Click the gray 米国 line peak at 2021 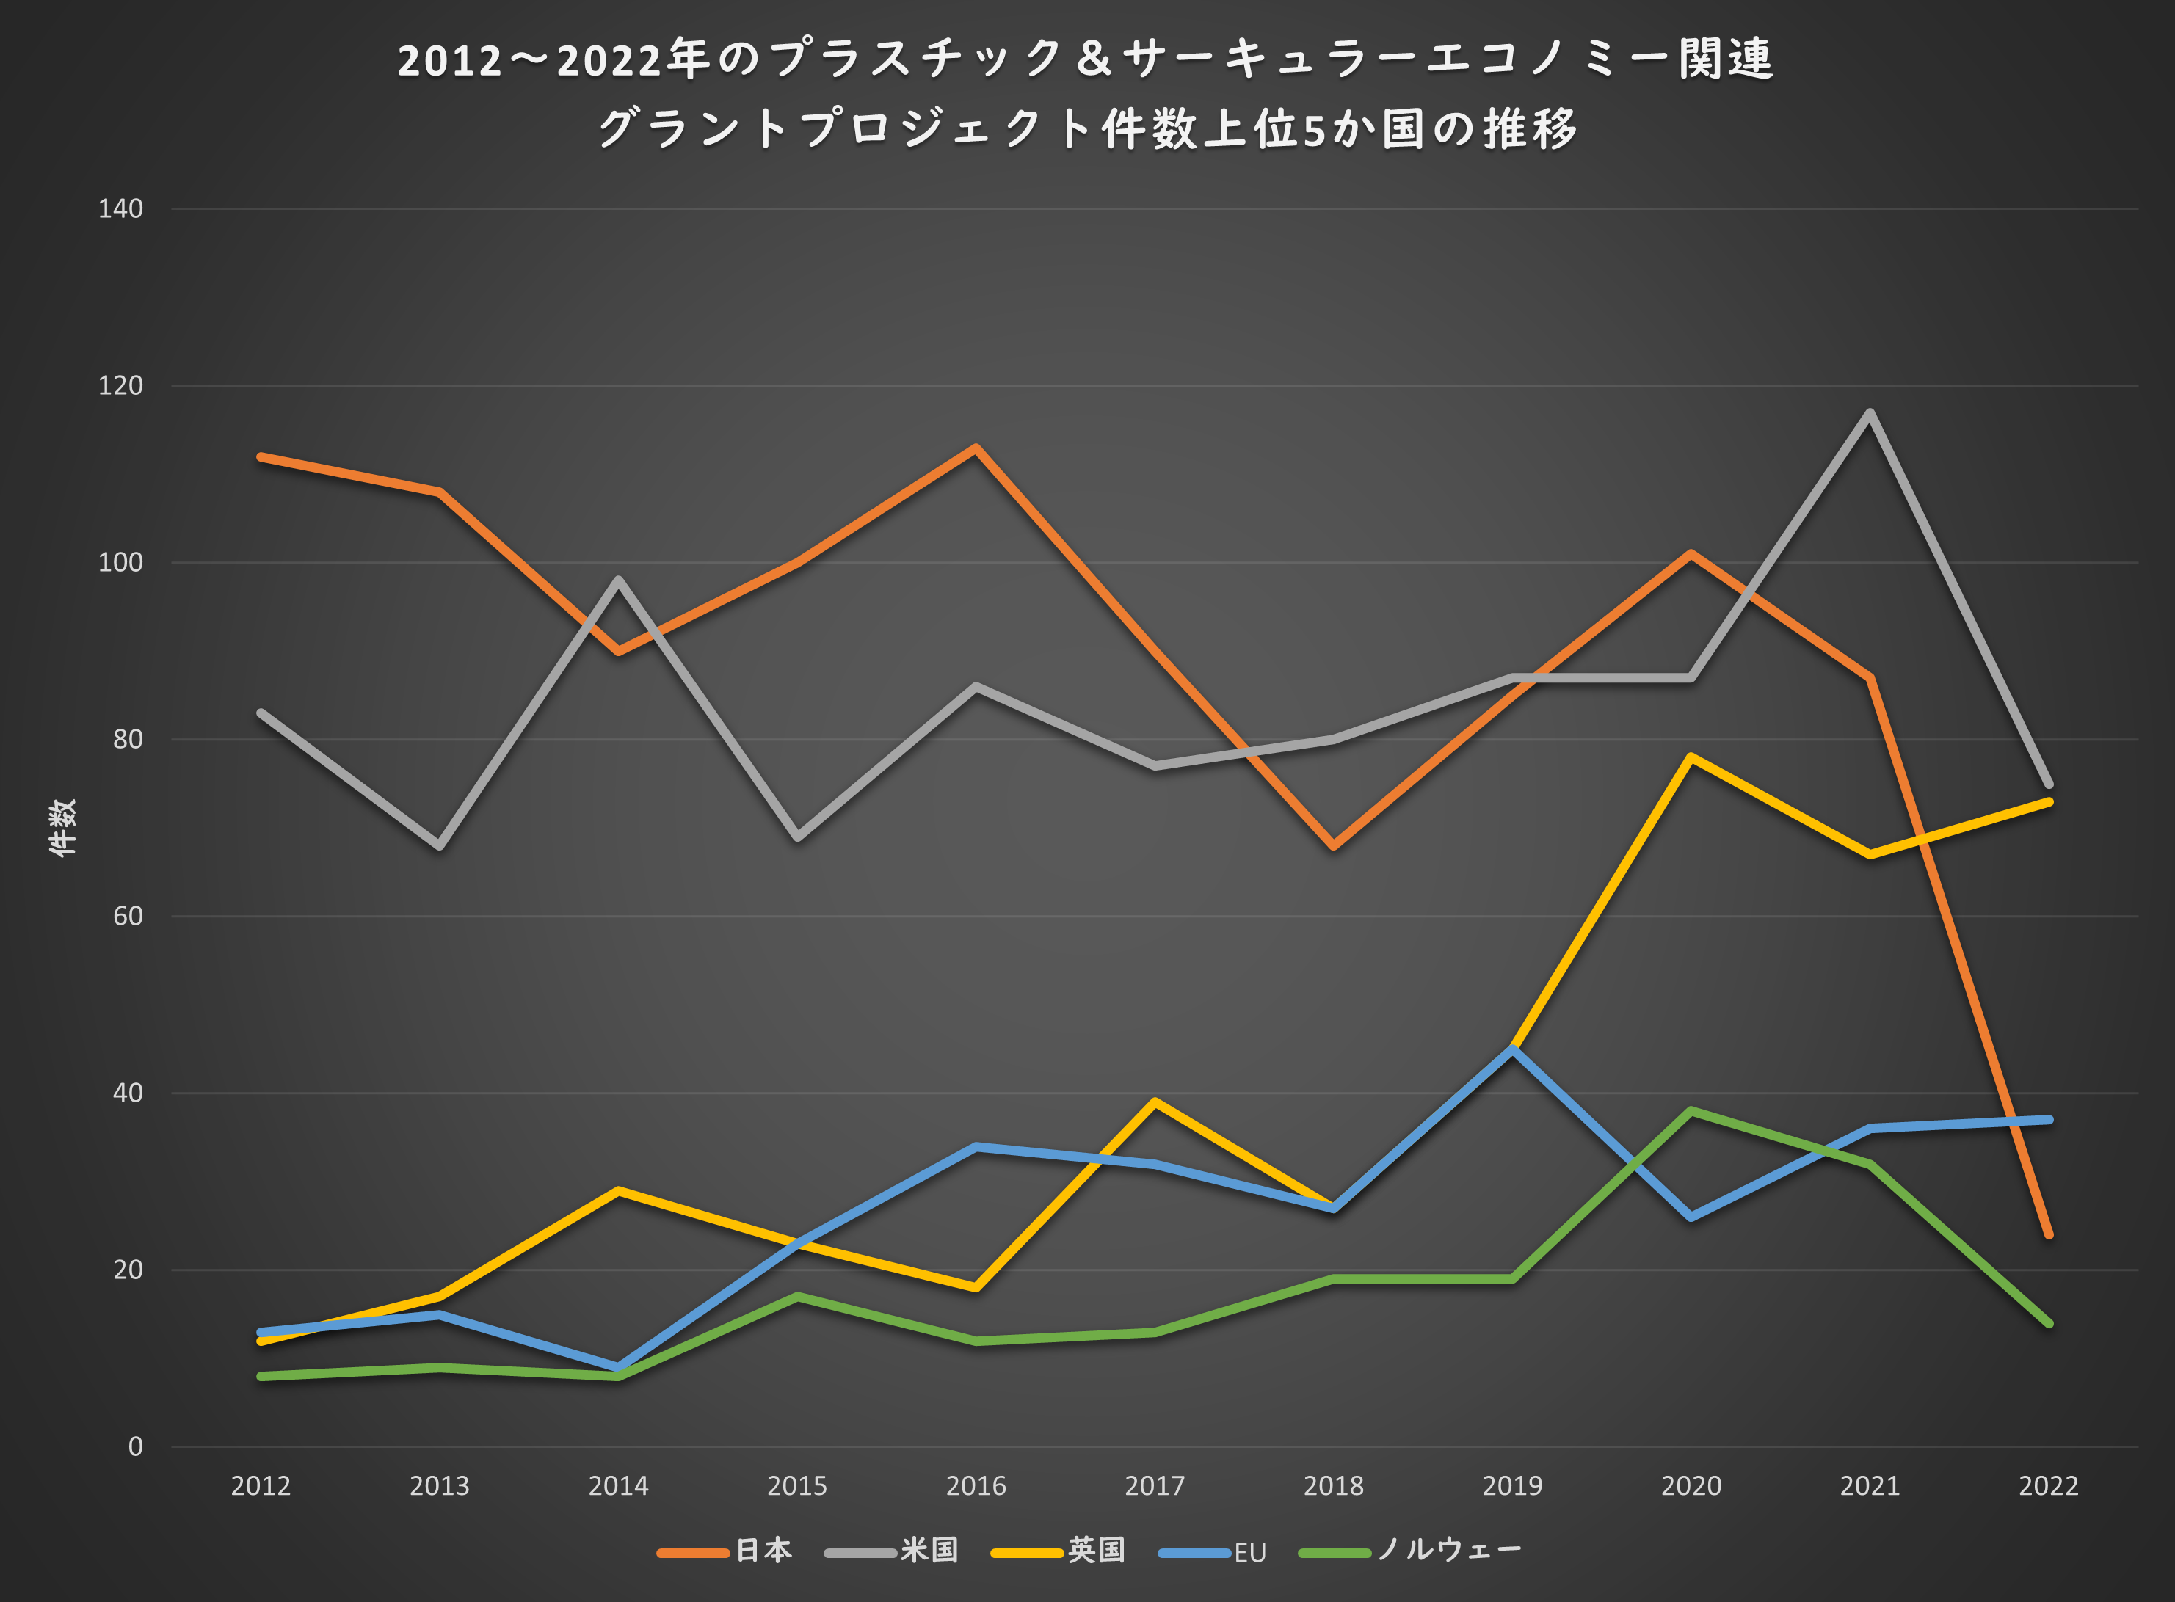(x=1870, y=413)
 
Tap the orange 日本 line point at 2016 (x=976, y=448)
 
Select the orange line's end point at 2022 (x=2048, y=1234)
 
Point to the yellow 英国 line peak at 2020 (x=1691, y=757)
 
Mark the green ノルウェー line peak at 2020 (x=1691, y=1111)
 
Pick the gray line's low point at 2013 (x=440, y=845)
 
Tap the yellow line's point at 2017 (x=1155, y=1102)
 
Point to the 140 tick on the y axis (x=120, y=208)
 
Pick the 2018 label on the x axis (x=1333, y=1485)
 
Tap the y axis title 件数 (x=62, y=827)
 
